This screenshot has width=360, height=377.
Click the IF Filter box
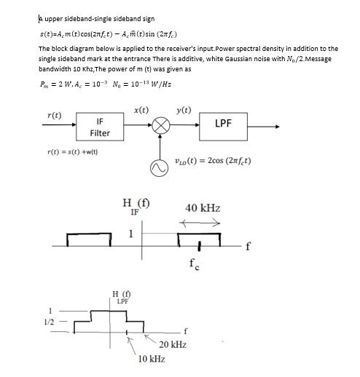point(100,127)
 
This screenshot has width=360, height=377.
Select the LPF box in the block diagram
point(224,123)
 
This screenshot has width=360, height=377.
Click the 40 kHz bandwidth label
point(203,208)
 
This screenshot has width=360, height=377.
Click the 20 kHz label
point(173,344)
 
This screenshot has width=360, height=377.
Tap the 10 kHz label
point(151,359)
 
